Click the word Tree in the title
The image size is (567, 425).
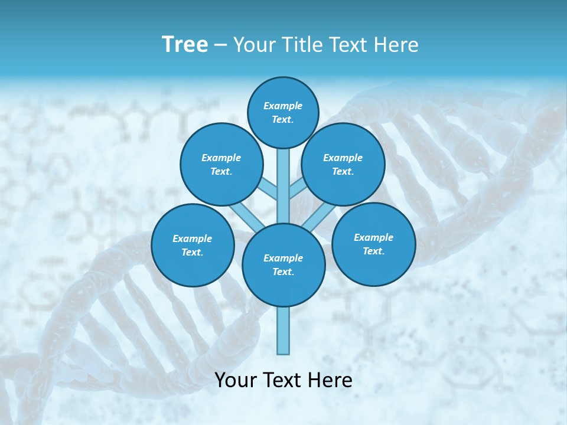(185, 45)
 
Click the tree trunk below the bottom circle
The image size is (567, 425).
(283, 331)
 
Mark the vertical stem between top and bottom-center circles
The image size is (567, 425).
(283, 186)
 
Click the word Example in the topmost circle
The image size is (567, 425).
(283, 106)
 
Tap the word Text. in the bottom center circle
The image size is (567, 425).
(283, 272)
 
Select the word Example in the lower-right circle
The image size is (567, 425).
(373, 238)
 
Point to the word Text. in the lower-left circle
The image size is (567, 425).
(192, 253)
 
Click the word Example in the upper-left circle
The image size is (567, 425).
(221, 158)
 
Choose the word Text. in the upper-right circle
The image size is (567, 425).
(343, 172)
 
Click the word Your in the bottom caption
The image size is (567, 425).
(236, 381)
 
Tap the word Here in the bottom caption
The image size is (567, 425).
(332, 381)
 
